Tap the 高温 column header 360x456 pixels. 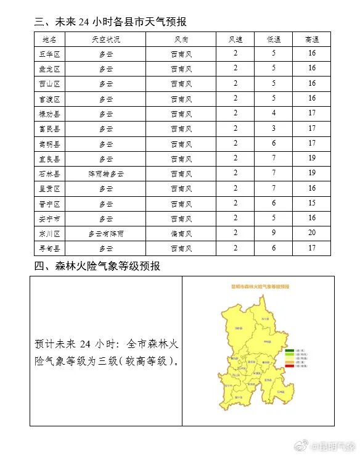click(x=312, y=39)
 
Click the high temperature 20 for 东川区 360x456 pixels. click(x=312, y=234)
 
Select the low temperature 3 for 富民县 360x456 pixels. click(x=274, y=129)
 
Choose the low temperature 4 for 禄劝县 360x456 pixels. click(x=274, y=114)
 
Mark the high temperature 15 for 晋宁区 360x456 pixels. click(x=312, y=204)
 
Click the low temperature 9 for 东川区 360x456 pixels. click(x=274, y=234)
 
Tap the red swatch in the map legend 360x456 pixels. click(x=289, y=367)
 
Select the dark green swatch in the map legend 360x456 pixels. click(x=289, y=350)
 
